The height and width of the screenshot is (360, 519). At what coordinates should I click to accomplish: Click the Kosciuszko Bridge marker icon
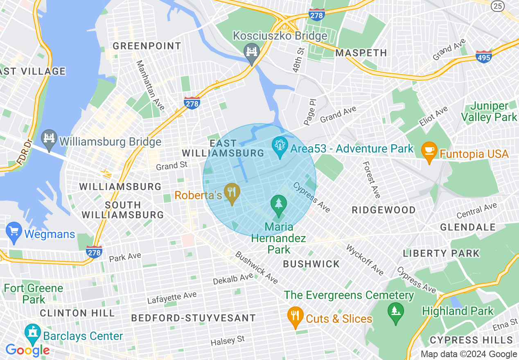[x=252, y=52]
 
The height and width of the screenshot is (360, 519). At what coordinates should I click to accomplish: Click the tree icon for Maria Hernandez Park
[x=279, y=204]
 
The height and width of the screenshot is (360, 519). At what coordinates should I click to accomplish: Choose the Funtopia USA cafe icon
[x=429, y=151]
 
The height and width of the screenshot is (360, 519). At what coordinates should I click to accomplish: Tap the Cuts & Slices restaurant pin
[x=295, y=316]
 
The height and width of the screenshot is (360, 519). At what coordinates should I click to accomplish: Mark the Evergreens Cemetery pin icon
[x=395, y=312]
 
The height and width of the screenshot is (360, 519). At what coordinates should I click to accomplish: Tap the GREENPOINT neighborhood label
[x=147, y=46]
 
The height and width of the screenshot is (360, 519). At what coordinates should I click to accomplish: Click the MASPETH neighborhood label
[x=361, y=53]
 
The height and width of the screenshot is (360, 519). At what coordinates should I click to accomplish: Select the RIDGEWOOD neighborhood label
[x=384, y=210]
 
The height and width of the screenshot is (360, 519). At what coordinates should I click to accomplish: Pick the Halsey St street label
[x=228, y=340]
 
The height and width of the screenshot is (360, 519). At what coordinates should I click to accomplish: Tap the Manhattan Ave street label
[x=150, y=85]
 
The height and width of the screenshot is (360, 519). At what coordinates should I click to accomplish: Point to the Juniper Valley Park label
[x=489, y=112]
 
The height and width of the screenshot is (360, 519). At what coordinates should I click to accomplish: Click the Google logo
[x=27, y=350]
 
